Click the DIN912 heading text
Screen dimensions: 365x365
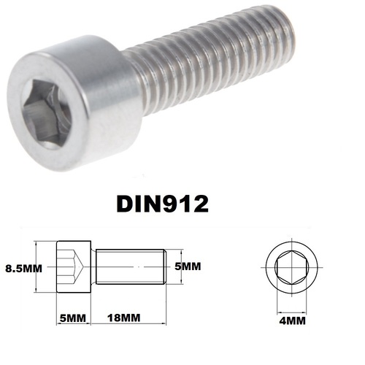click(x=162, y=202)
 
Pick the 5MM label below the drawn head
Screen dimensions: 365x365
click(x=73, y=318)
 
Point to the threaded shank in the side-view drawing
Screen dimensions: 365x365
click(x=131, y=268)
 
